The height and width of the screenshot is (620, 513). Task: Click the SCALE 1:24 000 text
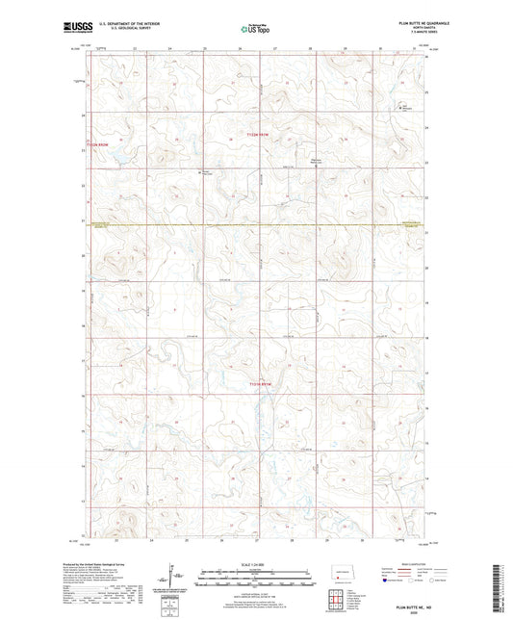(255, 563)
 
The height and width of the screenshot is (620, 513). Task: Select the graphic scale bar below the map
(255, 581)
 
